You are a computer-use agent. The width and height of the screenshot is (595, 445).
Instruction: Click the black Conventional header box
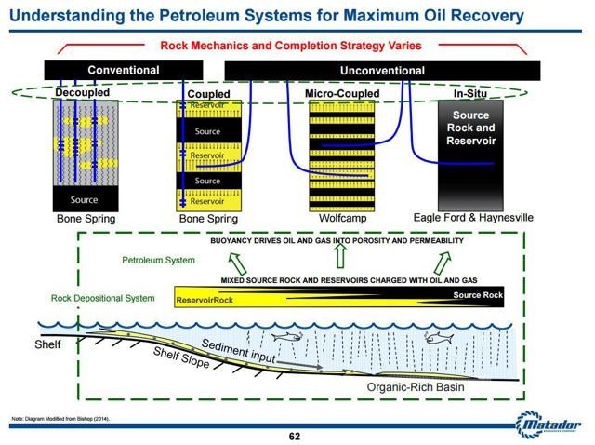pos(123,70)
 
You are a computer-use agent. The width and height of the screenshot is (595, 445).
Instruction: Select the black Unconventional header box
pos(382,70)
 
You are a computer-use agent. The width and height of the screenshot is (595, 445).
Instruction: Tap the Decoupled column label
pos(82,93)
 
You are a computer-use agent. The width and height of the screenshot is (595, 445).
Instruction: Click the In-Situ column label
pos(472,94)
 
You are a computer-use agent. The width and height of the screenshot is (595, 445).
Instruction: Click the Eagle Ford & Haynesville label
pos(473,217)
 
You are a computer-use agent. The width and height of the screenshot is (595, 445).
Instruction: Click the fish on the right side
pos(435,339)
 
